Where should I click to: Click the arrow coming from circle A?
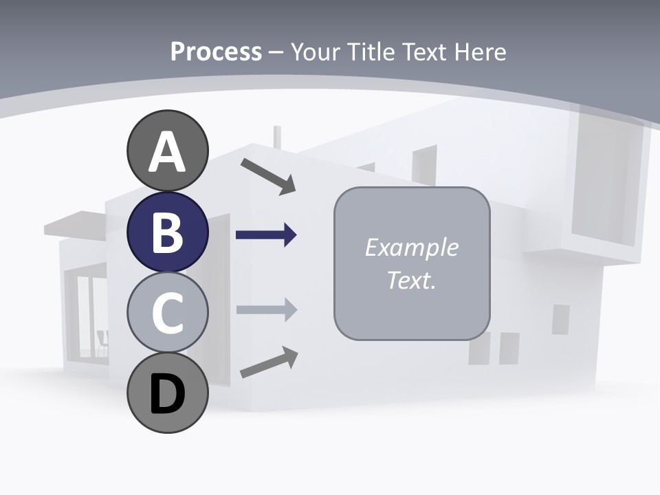(x=268, y=176)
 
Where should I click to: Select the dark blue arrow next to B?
(x=266, y=235)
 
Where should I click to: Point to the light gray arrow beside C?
(x=267, y=310)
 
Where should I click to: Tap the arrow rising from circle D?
(x=269, y=362)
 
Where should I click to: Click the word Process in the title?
(x=216, y=52)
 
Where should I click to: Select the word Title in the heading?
(x=370, y=52)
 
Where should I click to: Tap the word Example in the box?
(x=411, y=247)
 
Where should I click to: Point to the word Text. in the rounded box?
(x=411, y=280)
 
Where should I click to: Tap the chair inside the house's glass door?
(x=102, y=342)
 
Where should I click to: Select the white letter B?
(x=167, y=232)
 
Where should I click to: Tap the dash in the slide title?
(x=276, y=52)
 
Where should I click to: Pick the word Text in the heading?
(x=426, y=52)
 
